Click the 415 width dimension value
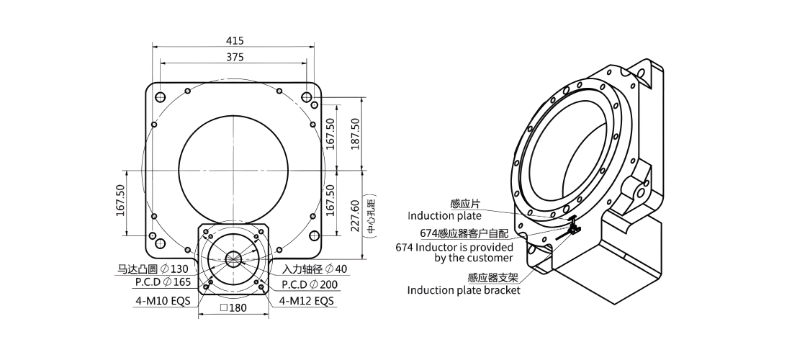[x=235, y=40]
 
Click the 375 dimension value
[x=235, y=58]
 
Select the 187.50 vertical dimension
[x=355, y=133]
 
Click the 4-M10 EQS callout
[x=163, y=302]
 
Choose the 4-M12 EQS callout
[x=307, y=302]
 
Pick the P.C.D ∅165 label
[x=163, y=282]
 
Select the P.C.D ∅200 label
[x=309, y=284]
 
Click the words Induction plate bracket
[x=464, y=290]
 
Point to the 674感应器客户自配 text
[x=464, y=233]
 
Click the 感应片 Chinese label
[x=466, y=204]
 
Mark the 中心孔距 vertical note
[x=372, y=215]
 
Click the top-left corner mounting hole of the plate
[x=161, y=96]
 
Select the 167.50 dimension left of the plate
[x=120, y=200]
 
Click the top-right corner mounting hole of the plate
[x=306, y=96]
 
